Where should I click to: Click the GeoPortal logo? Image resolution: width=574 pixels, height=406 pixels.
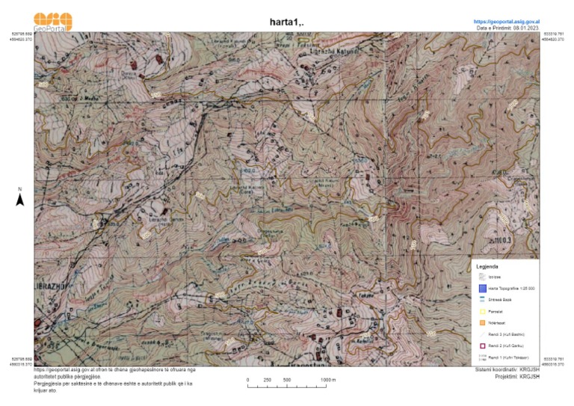[x=53, y=21]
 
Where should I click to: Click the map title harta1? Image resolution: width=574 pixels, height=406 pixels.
[x=286, y=22]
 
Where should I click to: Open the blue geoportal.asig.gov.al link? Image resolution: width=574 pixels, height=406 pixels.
[x=507, y=22]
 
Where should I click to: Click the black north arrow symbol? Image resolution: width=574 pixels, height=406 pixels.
[x=21, y=199]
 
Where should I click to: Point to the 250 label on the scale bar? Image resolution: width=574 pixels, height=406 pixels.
[x=268, y=380]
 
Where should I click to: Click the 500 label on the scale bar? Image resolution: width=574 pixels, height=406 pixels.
[x=286, y=380]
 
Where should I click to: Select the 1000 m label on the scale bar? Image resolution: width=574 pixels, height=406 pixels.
[x=328, y=380]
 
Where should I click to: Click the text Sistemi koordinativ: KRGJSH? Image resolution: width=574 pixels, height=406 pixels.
[x=507, y=369]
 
